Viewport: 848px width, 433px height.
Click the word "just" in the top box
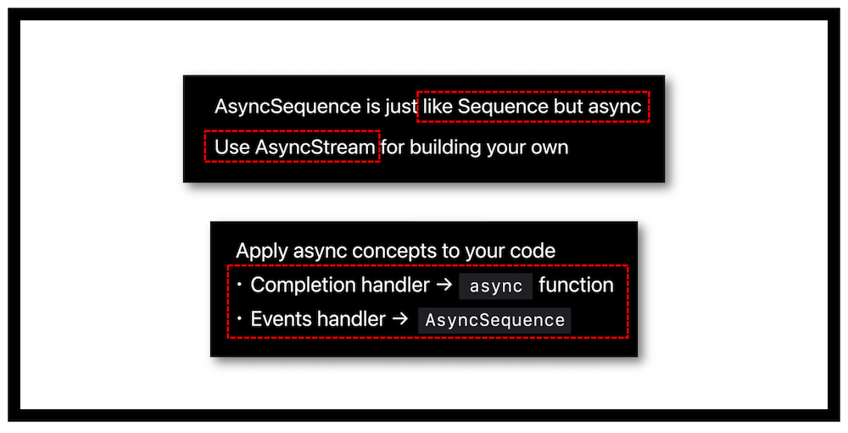coord(401,107)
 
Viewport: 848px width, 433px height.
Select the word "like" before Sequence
coord(438,107)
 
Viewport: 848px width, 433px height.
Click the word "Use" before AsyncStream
coord(232,147)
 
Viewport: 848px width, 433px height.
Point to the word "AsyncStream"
coord(315,147)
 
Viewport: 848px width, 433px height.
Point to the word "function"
coord(576,285)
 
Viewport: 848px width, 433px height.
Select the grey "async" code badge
coord(496,286)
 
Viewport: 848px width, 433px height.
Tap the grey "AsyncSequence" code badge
coord(495,320)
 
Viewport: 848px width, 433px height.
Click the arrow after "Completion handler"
coord(444,285)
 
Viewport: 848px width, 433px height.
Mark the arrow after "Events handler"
coord(399,319)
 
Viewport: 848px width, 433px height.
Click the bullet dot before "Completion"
coord(240,285)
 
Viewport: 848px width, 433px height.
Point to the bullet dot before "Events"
coord(240,319)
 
